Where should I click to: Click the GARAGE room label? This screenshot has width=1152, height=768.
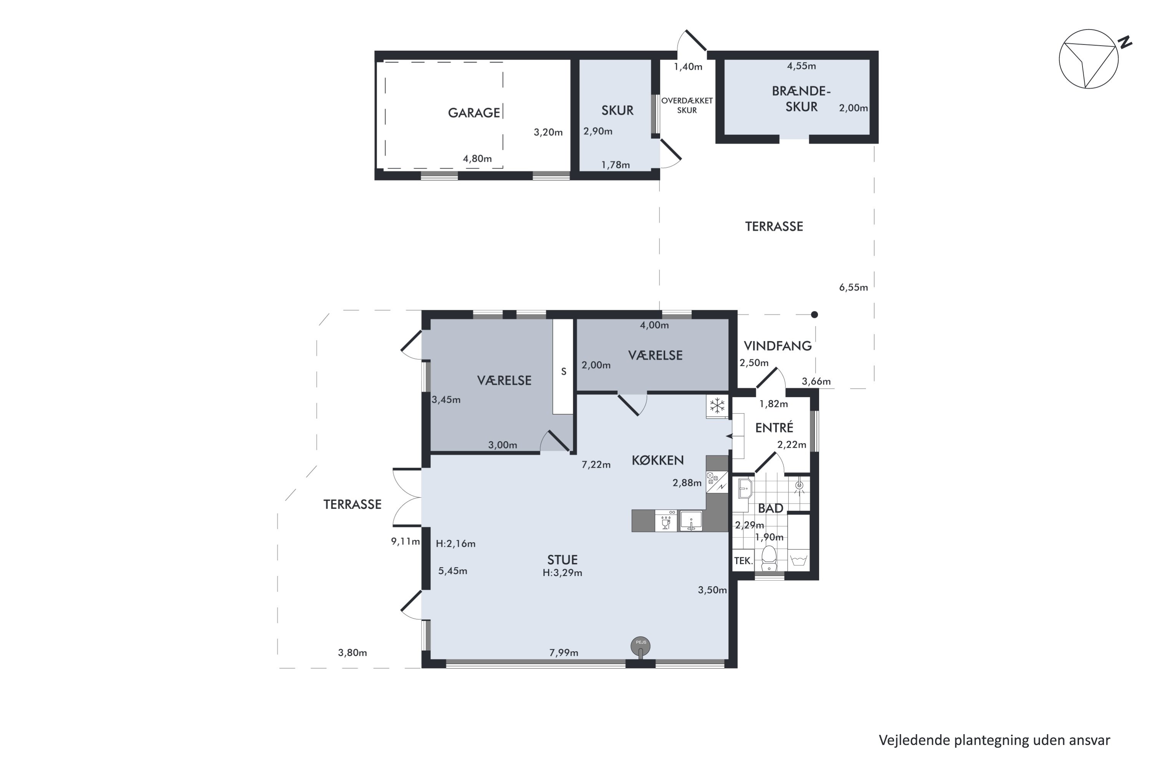coord(473,113)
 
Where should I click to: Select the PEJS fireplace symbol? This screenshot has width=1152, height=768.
coord(641,647)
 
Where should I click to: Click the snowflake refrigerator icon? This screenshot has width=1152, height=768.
coord(717,406)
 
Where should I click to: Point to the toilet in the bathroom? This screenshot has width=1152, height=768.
coord(769,558)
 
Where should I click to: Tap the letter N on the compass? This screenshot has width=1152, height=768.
coord(1126,42)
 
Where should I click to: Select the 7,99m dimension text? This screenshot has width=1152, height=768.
coord(563,652)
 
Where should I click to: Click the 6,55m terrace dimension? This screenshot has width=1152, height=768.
coord(853,288)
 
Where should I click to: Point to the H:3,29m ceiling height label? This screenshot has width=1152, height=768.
coord(562,573)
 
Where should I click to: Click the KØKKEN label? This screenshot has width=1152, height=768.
coord(657,460)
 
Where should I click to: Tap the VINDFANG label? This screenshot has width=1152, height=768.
coord(777,346)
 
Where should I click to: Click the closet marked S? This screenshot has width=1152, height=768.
coord(563,367)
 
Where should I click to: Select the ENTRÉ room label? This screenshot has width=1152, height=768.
coord(774,428)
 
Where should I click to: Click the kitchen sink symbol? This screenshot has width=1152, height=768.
coord(690,521)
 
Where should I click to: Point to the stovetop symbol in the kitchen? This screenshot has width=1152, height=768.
coord(717,482)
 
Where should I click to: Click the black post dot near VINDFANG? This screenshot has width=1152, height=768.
coord(814,314)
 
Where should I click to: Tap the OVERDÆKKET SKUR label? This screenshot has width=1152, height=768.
coord(687,105)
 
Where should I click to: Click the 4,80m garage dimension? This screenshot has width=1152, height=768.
coord(477,159)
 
